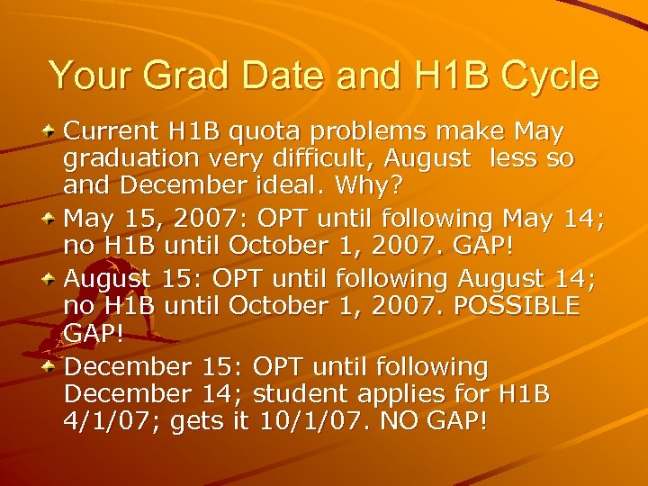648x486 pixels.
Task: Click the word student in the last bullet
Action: [307, 393]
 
